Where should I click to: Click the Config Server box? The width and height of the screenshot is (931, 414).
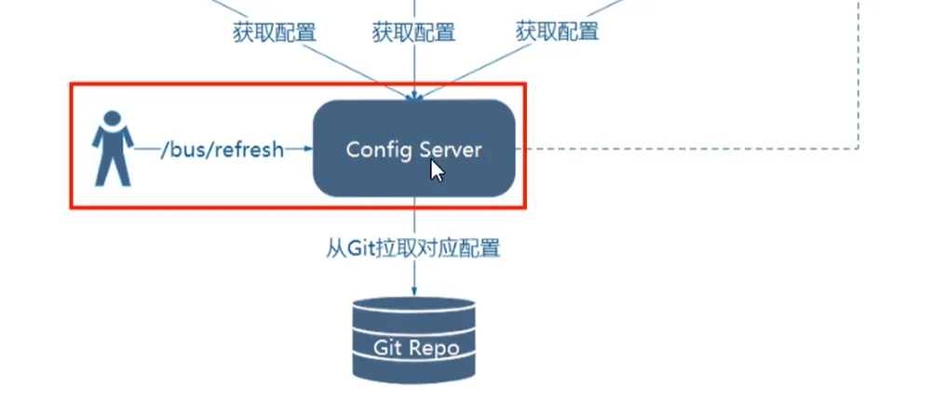point(414,148)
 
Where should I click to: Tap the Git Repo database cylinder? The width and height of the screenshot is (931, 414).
point(414,340)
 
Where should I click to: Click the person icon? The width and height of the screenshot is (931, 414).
point(113,148)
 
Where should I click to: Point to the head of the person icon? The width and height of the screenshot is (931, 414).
point(113,119)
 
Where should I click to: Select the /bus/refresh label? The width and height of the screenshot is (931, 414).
point(223,150)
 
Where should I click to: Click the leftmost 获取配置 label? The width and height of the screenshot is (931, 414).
point(275,32)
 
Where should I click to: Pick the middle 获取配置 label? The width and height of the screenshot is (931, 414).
point(414,32)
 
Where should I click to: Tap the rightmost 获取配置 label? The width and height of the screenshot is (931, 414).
point(557,31)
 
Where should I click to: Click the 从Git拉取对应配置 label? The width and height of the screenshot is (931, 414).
point(413,247)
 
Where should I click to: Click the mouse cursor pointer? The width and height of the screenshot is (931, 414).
point(437,171)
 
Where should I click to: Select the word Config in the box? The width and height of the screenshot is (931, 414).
point(379,150)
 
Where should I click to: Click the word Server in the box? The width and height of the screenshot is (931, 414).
point(451,150)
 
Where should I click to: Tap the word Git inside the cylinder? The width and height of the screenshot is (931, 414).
point(387,347)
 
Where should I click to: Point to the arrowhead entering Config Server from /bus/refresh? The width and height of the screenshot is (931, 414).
point(307,149)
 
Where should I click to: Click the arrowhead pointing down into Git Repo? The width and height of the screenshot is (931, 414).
point(414,290)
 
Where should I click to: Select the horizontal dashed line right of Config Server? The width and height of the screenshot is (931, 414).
point(687,148)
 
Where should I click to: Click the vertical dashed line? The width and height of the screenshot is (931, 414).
point(858,74)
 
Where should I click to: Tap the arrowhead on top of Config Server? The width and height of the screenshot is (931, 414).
point(414,96)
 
